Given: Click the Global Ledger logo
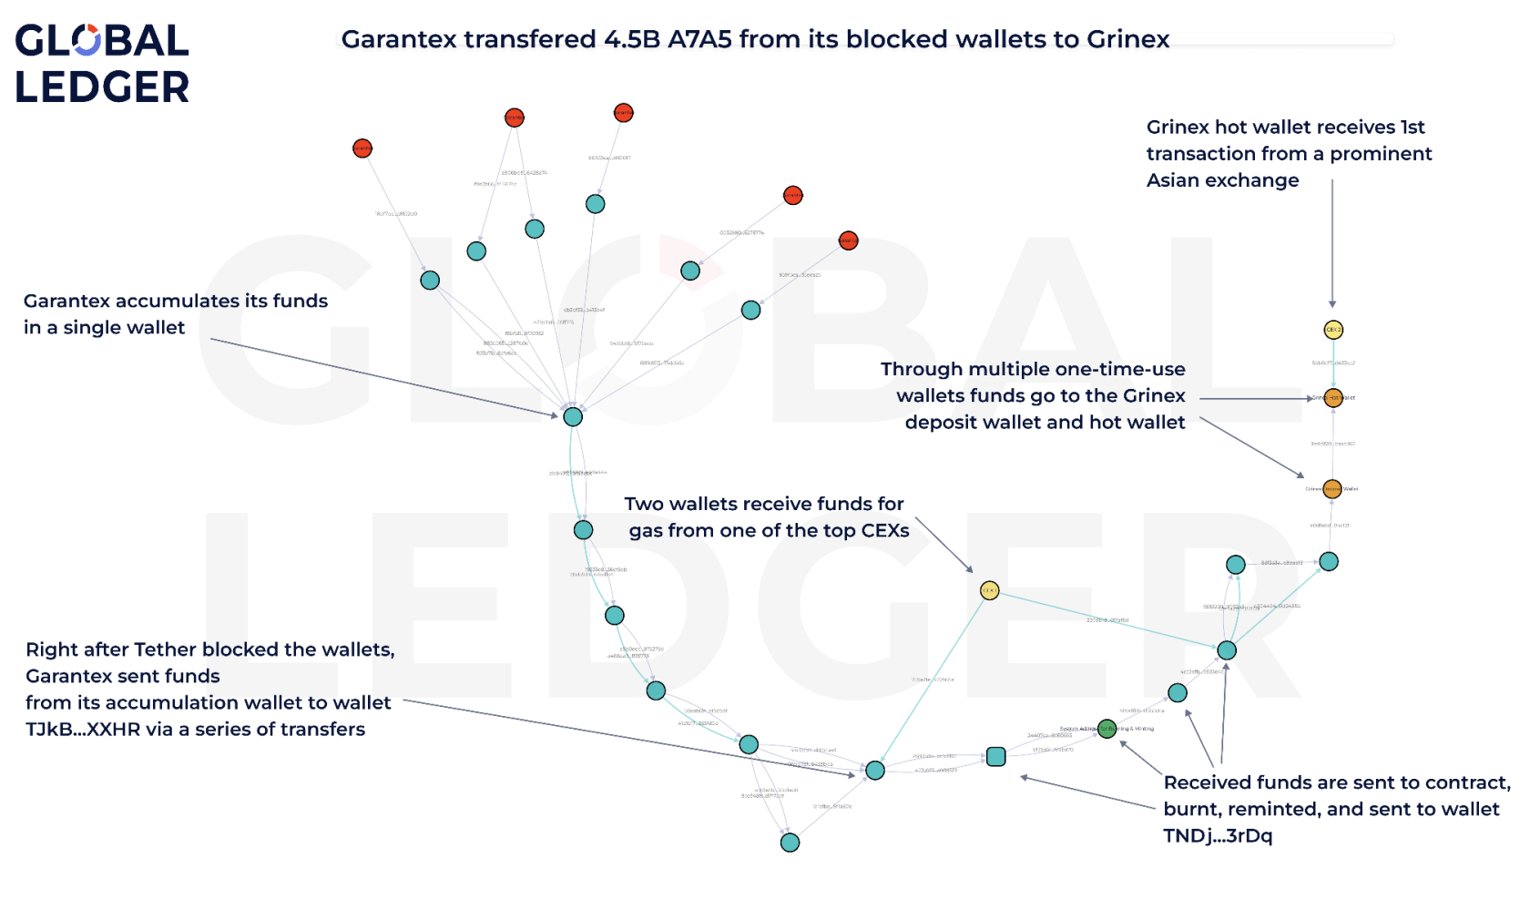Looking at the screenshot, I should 101,64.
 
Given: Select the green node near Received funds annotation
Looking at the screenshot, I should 1107,728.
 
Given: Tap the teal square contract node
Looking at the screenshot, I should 995,756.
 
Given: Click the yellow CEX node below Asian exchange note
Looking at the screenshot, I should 1333,330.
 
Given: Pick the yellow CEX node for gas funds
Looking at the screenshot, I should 989,590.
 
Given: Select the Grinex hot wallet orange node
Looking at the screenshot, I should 1333,397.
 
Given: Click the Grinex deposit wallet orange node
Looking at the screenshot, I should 1331,489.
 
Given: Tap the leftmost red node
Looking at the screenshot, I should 362,148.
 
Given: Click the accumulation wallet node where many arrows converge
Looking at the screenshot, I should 572,416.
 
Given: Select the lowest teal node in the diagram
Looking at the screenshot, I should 790,842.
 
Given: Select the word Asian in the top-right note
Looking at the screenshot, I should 1175,180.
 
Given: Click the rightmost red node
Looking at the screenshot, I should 848,240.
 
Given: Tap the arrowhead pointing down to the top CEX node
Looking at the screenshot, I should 1332,303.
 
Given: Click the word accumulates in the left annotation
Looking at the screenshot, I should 178,301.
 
